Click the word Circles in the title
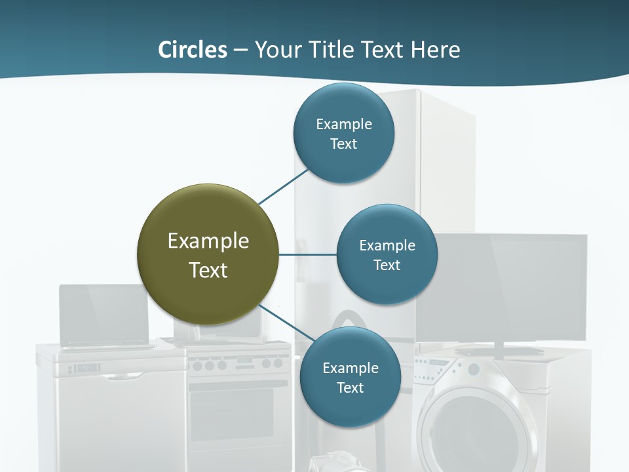[x=193, y=50]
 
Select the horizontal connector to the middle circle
[x=307, y=254]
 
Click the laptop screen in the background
[x=104, y=313]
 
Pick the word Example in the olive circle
[x=208, y=241]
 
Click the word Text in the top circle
[x=343, y=144]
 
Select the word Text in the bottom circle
[x=350, y=388]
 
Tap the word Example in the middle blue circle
[x=387, y=246]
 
